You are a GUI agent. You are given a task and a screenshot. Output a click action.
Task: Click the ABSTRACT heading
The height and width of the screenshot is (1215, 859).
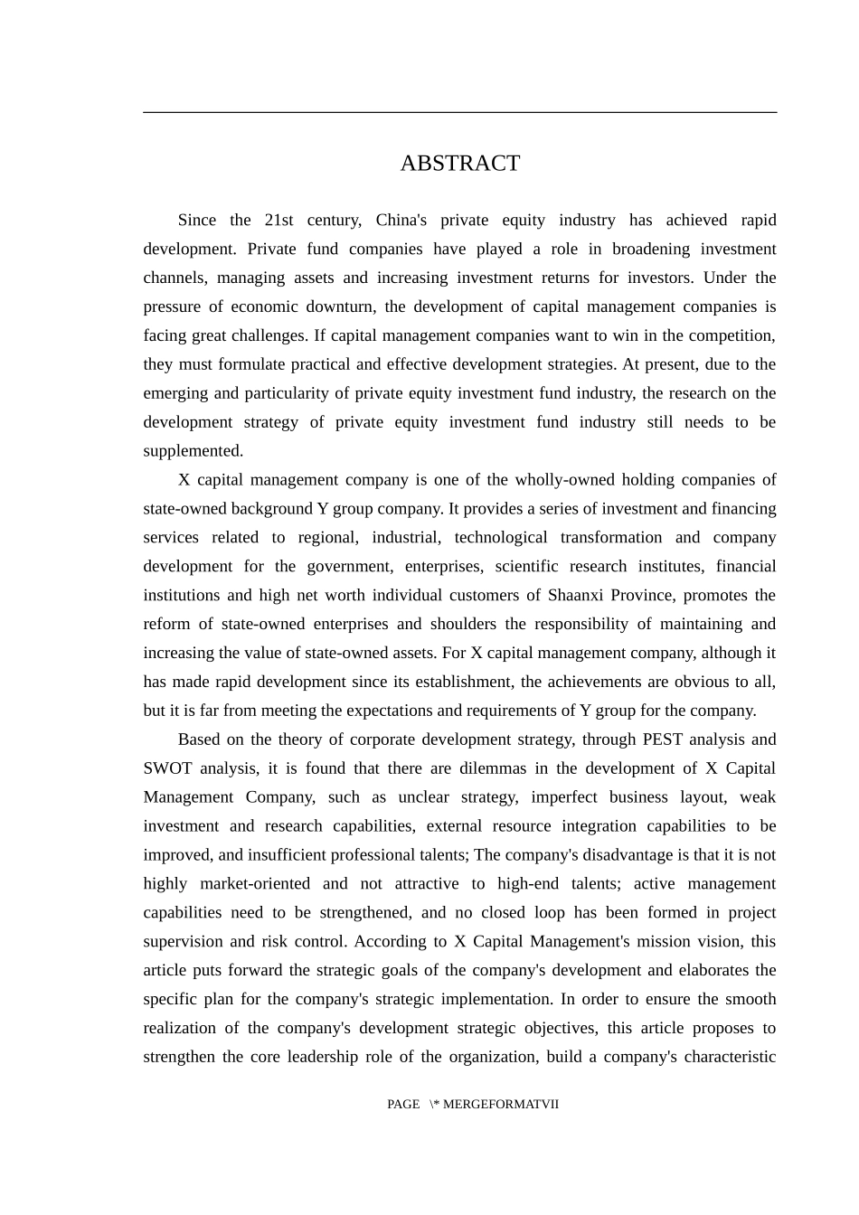(x=459, y=163)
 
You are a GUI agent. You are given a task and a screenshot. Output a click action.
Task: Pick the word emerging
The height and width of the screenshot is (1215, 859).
(x=175, y=393)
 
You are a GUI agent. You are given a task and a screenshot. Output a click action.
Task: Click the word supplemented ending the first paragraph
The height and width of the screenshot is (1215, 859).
(x=192, y=451)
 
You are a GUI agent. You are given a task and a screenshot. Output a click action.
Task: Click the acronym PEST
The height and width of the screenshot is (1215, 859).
(x=662, y=739)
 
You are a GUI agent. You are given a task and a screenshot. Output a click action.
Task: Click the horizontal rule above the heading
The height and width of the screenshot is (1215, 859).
(x=459, y=112)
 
